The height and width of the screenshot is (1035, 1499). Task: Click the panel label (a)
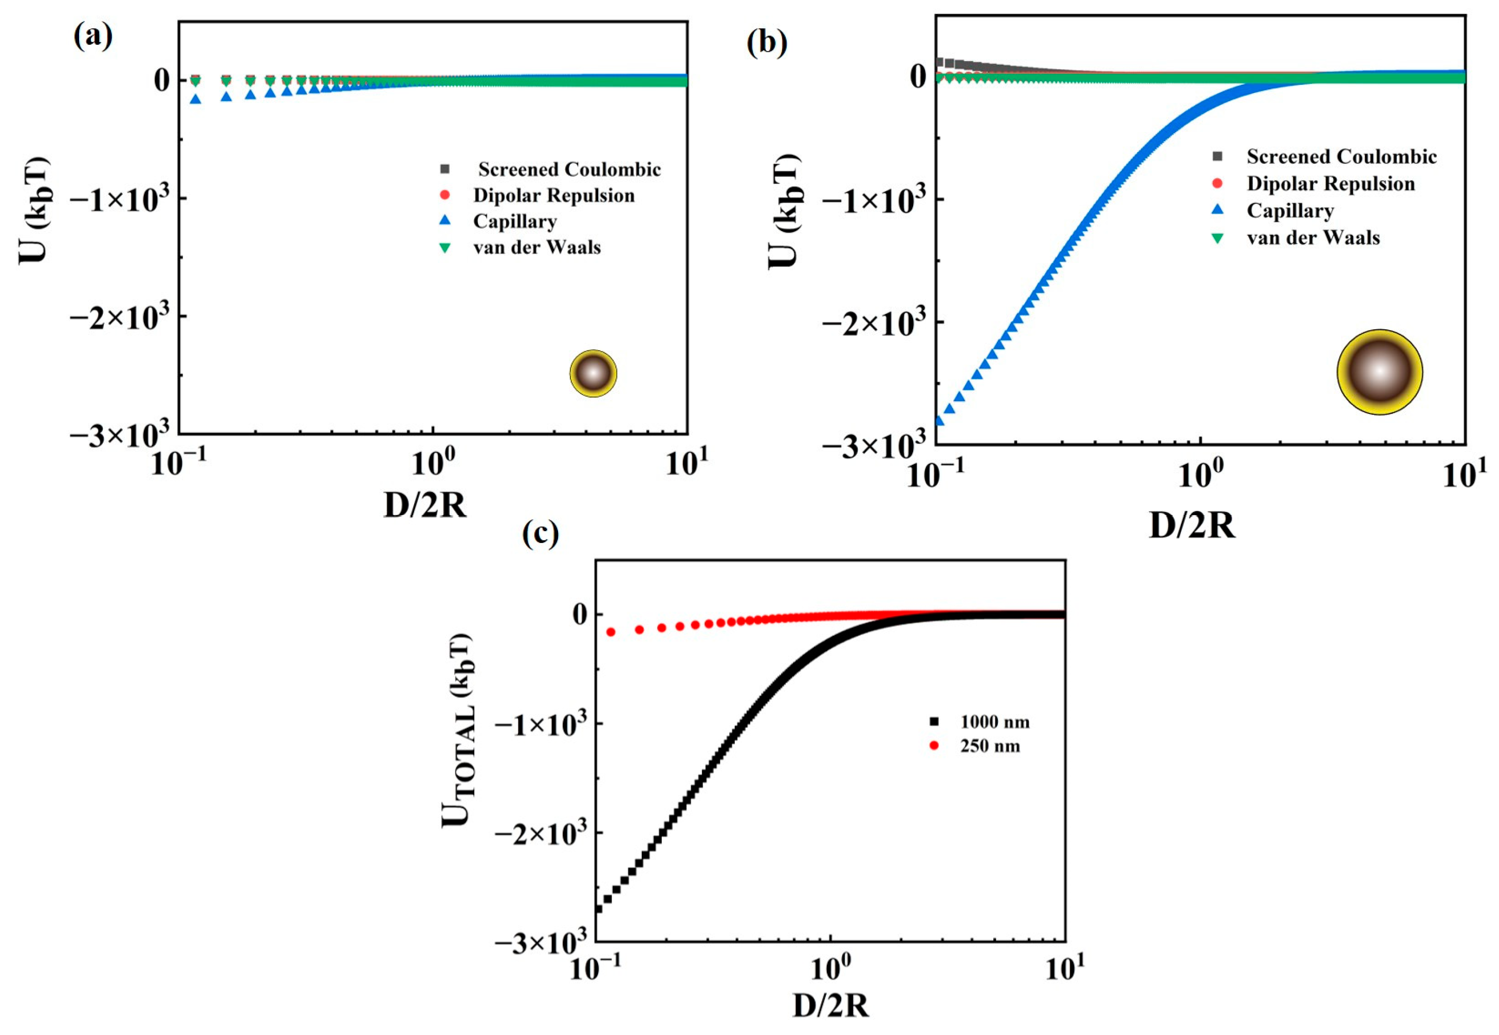click(92, 37)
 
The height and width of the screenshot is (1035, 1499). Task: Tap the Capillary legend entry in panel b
click(1289, 211)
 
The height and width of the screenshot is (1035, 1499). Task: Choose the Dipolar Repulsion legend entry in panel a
click(553, 195)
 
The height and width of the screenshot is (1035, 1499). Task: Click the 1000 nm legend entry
click(994, 722)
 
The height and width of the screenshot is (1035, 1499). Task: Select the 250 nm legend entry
click(990, 746)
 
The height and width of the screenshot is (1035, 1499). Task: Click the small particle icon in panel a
click(593, 373)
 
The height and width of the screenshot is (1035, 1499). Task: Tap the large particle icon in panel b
click(1380, 371)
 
